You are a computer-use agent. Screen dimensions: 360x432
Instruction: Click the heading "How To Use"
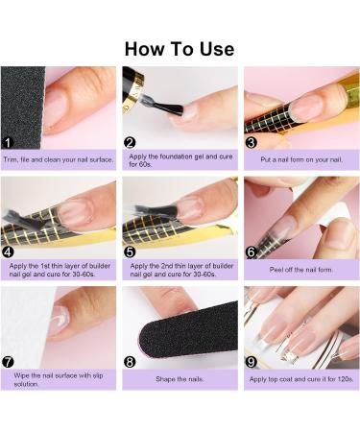pos(180,49)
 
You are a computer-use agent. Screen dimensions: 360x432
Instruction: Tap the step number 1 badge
pos(8,143)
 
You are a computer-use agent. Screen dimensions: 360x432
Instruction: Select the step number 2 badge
pos(130,142)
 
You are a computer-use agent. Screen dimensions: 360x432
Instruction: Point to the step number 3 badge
pos(252,142)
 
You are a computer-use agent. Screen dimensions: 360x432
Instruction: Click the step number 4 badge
pos(8,252)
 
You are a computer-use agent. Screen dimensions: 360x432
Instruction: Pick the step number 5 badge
pos(130,252)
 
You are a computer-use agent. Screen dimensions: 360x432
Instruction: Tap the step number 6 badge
pos(252,252)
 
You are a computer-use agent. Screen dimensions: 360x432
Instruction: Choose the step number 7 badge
pos(8,362)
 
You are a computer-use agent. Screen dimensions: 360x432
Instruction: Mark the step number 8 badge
pos(130,362)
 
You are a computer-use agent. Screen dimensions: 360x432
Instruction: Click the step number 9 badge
pos(252,362)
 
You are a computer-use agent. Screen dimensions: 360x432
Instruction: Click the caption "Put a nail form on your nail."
pos(301,159)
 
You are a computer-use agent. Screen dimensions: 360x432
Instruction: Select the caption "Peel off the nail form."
pos(301,270)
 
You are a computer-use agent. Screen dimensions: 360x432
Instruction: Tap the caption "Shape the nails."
pos(180,379)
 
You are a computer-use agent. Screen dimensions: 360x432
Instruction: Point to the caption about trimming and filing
pos(59,159)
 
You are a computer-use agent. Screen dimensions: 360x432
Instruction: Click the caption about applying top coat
pos(301,379)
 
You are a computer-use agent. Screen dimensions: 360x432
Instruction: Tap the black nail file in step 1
pos(22,108)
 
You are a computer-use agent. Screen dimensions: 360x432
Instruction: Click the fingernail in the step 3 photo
pos(306,108)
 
